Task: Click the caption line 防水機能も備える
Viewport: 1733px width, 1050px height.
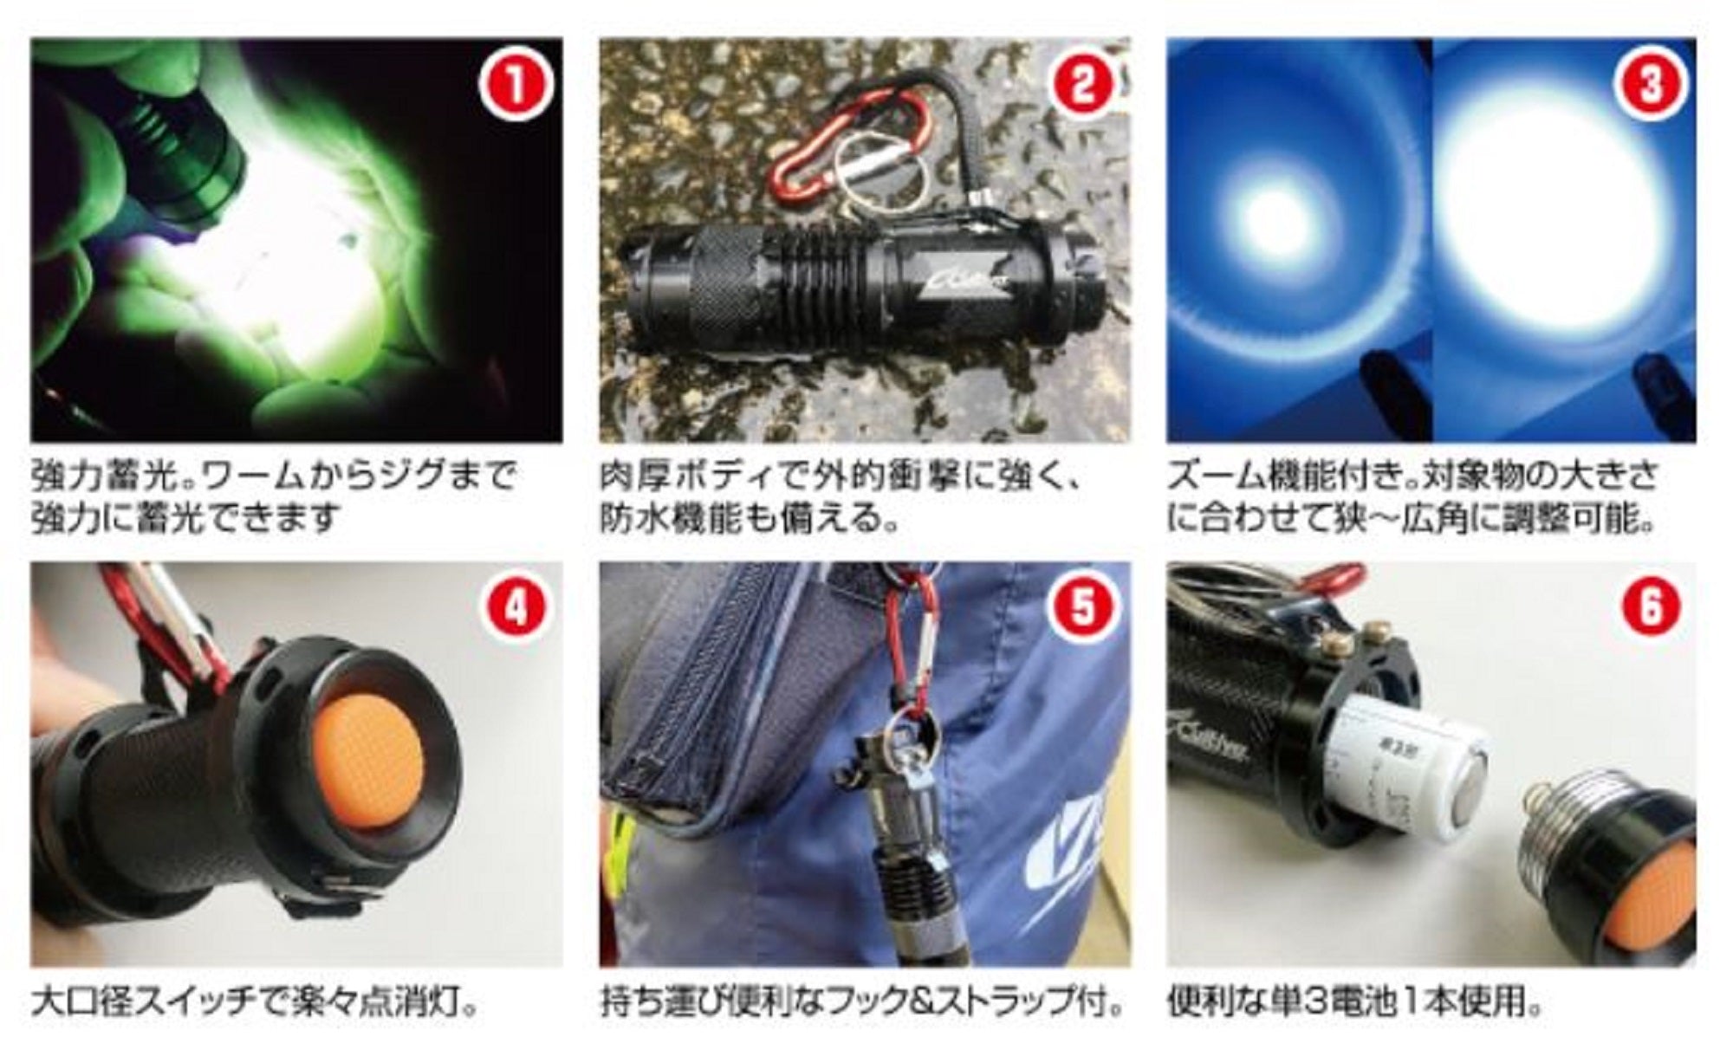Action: tap(750, 520)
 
